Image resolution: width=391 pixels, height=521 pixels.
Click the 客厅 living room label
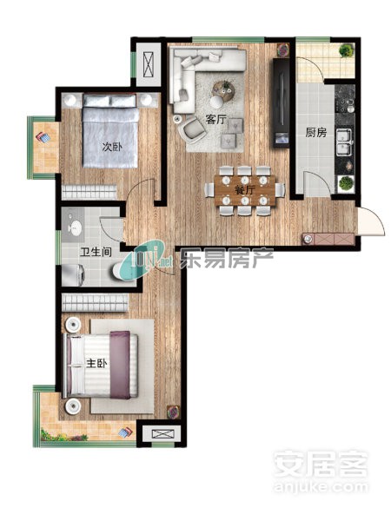point(216,119)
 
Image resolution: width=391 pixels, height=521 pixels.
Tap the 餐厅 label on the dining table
point(245,190)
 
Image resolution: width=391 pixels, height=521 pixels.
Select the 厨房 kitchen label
point(316,133)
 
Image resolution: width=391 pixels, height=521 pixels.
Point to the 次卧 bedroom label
point(112,147)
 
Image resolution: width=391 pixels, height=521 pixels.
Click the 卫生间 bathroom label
point(96,252)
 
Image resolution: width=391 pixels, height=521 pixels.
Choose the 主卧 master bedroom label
point(96,363)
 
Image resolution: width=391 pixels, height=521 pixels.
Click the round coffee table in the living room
point(223,91)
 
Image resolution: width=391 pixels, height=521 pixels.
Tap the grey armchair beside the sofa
point(191,129)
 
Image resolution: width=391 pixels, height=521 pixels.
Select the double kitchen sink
point(344,142)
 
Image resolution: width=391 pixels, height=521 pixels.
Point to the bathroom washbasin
point(75,228)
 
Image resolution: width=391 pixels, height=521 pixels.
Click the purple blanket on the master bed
point(120,365)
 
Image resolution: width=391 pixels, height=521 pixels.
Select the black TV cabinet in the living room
point(282,102)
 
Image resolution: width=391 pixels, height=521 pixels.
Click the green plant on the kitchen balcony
point(346,50)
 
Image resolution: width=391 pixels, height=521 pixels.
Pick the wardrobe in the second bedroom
point(89,193)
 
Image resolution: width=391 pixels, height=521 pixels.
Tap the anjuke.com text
point(321,487)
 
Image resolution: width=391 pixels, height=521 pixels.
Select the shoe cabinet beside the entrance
point(328,239)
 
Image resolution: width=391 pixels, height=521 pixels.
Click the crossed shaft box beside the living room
point(149,64)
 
